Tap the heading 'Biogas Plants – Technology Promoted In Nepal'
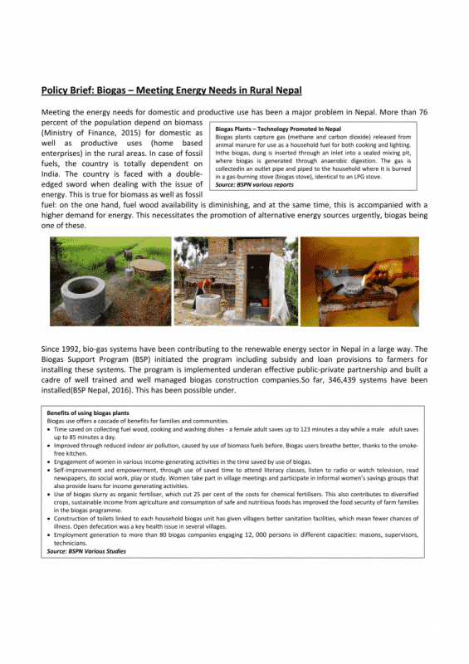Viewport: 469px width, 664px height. click(278, 129)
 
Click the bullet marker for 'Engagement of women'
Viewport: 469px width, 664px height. click(50, 461)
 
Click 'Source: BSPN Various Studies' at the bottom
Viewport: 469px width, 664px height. click(86, 549)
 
